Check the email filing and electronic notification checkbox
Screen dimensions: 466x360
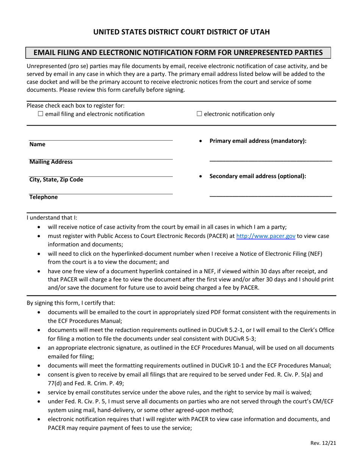point(41,114)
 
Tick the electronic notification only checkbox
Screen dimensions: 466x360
point(199,114)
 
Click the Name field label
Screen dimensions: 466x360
point(37,144)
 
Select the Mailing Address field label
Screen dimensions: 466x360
point(51,162)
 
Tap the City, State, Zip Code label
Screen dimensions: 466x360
point(56,180)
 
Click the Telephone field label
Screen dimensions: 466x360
point(44,197)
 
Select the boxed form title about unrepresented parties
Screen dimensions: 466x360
point(178,53)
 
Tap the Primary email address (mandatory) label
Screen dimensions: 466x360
point(258,141)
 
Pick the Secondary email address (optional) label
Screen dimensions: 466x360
point(258,176)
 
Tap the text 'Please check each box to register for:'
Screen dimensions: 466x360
point(75,106)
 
